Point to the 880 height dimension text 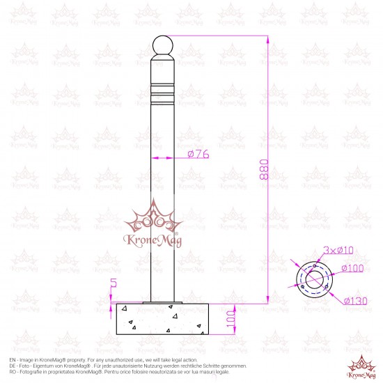pos(263,170)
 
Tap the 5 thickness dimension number pos(114,285)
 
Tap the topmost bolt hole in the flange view pos(316,266)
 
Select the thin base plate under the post pos(162,302)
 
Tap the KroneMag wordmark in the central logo pos(153,241)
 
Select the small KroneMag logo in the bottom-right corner pos(361,366)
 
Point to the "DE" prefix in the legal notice pos(13,366)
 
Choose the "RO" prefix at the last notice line pos(13,372)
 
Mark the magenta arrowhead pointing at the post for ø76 pos(175,159)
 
